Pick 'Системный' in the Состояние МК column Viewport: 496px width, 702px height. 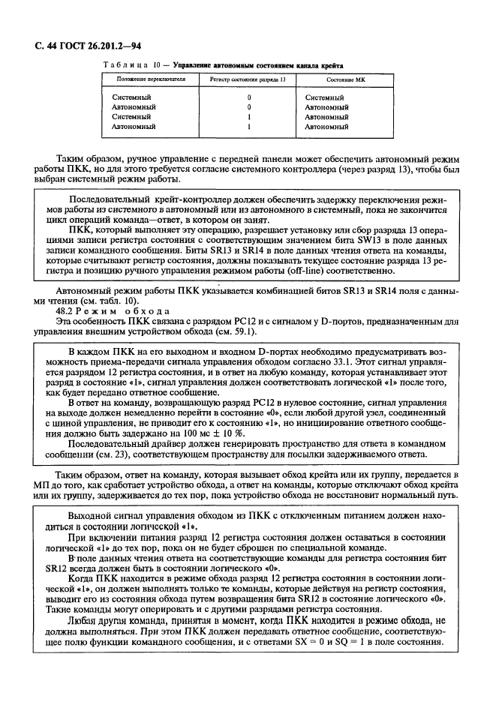pos(325,97)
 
